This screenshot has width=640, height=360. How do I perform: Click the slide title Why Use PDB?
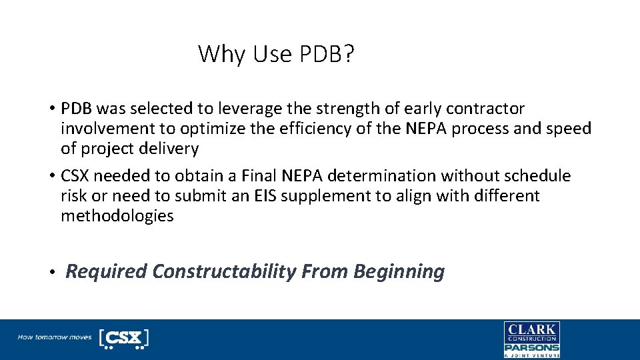pos(276,54)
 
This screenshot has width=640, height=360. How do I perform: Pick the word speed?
pos(569,128)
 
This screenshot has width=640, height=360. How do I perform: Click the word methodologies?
pos(117,216)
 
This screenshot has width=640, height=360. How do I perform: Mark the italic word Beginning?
pos(399,271)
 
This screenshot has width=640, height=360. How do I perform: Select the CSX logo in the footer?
pos(123,338)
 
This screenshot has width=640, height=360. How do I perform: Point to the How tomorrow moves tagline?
pos(54,337)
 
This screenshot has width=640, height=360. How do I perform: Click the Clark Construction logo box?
pos(531,332)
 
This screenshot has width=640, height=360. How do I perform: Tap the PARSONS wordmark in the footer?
pos(531,347)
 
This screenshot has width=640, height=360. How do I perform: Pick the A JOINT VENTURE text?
pos(531,356)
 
